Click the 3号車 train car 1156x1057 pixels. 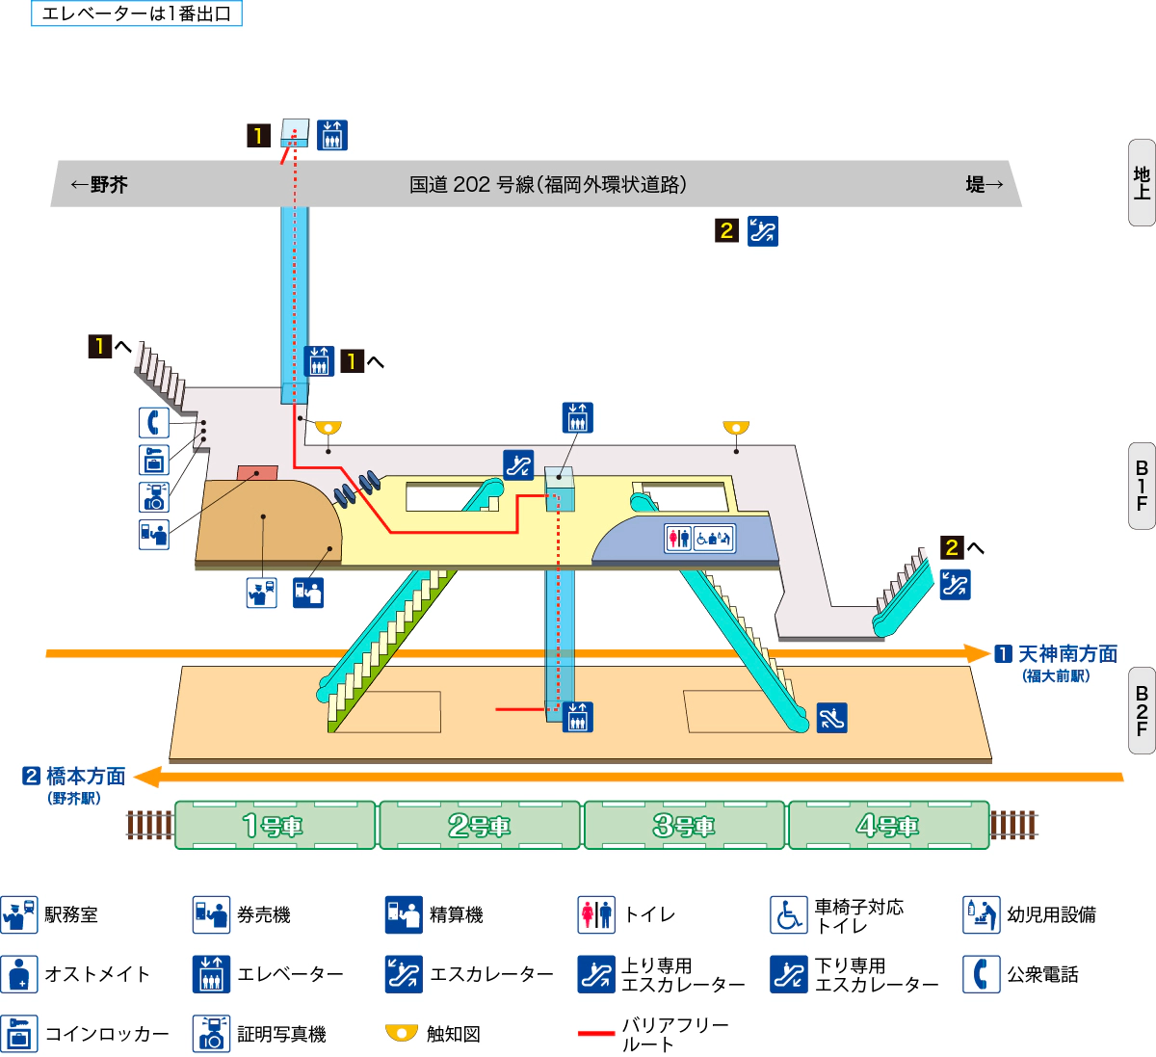point(684,825)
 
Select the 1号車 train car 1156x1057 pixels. point(275,825)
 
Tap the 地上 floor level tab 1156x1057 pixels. point(1142,182)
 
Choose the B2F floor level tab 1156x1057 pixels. point(1142,710)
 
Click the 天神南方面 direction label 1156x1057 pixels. point(1067,654)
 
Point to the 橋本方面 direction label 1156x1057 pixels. point(86,777)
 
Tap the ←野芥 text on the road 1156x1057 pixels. point(99,185)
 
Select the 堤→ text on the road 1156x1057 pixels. point(985,185)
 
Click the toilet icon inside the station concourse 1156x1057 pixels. point(679,538)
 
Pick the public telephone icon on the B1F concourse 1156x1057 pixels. point(154,422)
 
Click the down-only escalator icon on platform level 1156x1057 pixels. point(832,718)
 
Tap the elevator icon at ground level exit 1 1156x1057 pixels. point(332,135)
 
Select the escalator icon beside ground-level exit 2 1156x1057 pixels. point(763,231)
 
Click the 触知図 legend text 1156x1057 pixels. point(454,1034)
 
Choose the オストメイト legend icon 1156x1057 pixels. point(19,974)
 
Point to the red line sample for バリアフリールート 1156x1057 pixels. point(596,1034)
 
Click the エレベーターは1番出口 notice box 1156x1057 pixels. point(137,13)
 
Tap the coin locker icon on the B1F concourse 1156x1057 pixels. point(154,460)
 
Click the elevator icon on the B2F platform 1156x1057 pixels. point(578,717)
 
